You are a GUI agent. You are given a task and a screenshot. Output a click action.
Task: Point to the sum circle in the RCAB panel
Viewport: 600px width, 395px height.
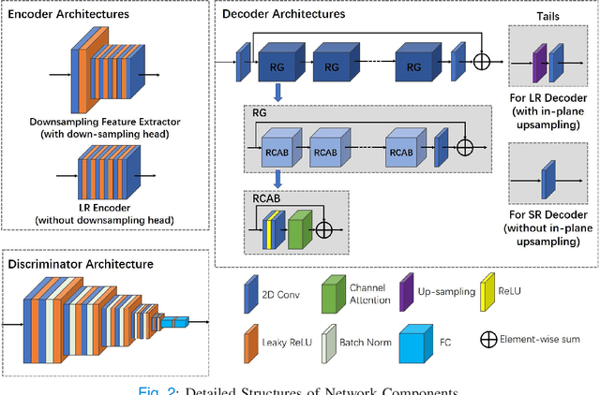point(324,227)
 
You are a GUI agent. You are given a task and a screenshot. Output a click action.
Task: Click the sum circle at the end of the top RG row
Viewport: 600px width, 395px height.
point(483,61)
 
